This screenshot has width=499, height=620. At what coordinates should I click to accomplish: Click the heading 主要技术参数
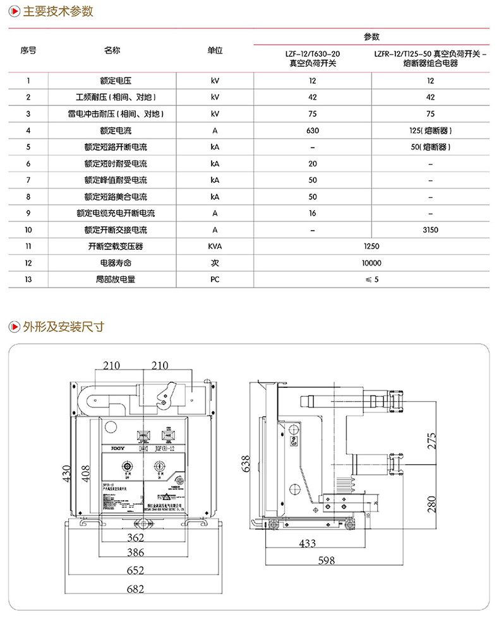coord(57,11)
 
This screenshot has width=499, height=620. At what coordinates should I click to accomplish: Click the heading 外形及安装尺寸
coord(63,326)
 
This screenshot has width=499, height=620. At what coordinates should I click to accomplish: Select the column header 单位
coord(215,50)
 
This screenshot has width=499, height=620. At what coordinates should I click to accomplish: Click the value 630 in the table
coord(312,131)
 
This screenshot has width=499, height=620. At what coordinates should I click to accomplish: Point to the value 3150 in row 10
coord(430,230)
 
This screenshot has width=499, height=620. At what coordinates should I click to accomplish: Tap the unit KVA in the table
coord(215,247)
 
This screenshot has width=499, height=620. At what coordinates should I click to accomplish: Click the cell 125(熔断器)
coord(430,131)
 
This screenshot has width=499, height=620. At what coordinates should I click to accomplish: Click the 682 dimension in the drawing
coord(135,589)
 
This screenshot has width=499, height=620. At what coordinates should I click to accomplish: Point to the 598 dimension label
coord(326,559)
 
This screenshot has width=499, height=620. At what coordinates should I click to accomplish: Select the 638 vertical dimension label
coord(246,464)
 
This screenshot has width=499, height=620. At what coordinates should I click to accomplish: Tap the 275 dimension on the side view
coord(431,440)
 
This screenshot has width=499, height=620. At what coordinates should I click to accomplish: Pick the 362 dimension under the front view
coord(135,538)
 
